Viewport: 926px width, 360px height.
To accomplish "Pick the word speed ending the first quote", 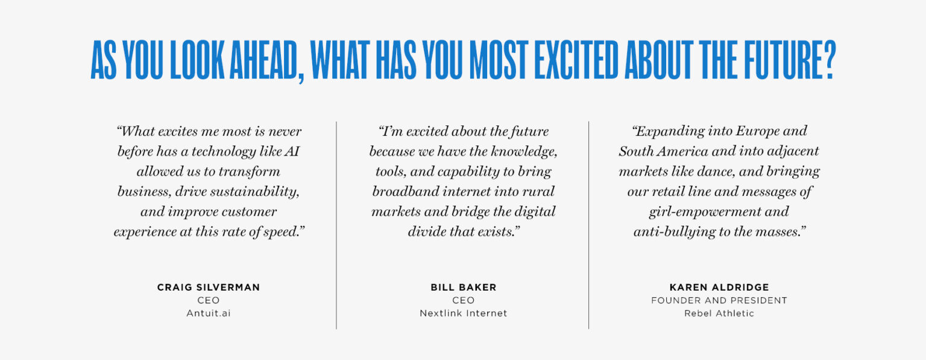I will [x=282, y=232].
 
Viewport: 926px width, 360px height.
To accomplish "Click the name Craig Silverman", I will [x=209, y=288].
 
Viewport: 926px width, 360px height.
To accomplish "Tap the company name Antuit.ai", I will [x=209, y=314].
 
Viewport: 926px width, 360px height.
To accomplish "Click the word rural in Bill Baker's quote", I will [x=538, y=192].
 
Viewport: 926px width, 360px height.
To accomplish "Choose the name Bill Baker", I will [x=463, y=288].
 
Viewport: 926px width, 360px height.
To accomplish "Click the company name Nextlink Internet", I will [x=463, y=314].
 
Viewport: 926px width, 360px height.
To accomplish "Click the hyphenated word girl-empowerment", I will [x=719, y=212].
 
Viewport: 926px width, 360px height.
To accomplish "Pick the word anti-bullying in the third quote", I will [x=670, y=232].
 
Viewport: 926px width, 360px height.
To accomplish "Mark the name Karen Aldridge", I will [x=719, y=288].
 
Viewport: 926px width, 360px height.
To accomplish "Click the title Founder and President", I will [x=719, y=300].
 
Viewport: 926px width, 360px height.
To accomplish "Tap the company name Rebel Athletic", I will [x=719, y=314].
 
